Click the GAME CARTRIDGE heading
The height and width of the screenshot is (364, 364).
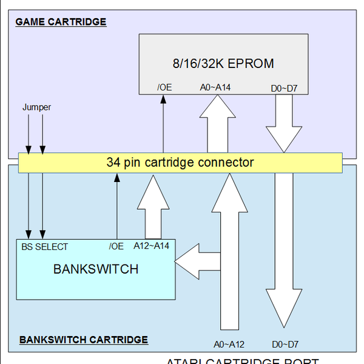point(61,22)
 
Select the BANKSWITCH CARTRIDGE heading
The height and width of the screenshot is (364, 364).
point(84,340)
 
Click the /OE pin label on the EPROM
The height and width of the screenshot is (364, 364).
point(164,87)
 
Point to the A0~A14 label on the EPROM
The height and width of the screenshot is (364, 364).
point(215,87)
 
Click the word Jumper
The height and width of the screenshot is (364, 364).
point(36,107)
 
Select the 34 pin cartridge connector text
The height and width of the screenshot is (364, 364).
point(180,163)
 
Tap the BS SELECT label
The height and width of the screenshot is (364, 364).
point(44,246)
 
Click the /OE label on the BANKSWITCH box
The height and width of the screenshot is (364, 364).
point(116,246)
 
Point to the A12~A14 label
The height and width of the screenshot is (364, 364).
point(151,246)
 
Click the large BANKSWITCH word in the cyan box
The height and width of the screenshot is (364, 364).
point(96,268)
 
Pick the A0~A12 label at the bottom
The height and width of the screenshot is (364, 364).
point(229,344)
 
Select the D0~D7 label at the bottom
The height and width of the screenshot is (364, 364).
point(285,344)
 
